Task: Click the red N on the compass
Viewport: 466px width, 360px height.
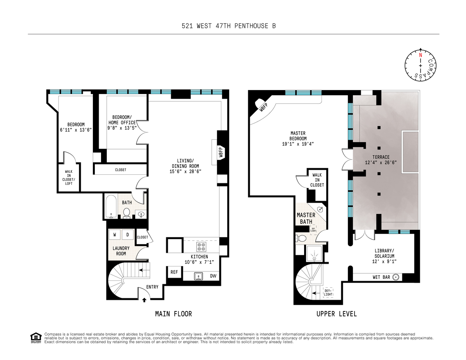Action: pyautogui.click(x=420, y=55)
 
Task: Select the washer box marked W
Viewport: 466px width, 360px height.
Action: pyautogui.click(x=115, y=235)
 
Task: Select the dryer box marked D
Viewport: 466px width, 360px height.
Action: pyautogui.click(x=128, y=235)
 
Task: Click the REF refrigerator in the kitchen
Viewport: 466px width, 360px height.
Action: pyautogui.click(x=174, y=272)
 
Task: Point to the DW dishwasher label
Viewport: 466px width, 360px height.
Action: pyautogui.click(x=213, y=276)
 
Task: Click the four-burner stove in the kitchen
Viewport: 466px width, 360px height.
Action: pyautogui.click(x=201, y=247)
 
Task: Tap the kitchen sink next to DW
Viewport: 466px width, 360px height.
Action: pyautogui.click(x=198, y=276)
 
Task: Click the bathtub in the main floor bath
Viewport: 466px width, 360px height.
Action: pyautogui.click(x=111, y=207)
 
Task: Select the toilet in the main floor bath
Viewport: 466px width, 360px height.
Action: pyautogui.click(x=127, y=213)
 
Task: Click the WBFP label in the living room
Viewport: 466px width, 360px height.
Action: pyautogui.click(x=221, y=151)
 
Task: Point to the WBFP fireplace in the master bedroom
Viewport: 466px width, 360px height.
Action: pyautogui.click(x=263, y=108)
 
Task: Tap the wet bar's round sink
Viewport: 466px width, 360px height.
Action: pyautogui.click(x=396, y=277)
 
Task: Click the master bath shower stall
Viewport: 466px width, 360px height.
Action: pyautogui.click(x=314, y=254)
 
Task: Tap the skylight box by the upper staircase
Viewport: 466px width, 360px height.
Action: pyautogui.click(x=328, y=292)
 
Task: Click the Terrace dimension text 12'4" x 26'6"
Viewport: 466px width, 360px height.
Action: pyautogui.click(x=381, y=163)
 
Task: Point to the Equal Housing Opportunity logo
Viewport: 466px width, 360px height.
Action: pyautogui.click(x=36, y=338)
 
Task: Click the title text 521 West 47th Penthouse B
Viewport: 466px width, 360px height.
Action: pyautogui.click(x=229, y=26)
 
